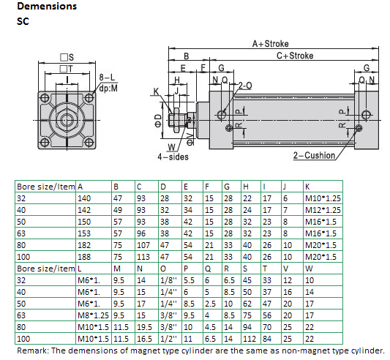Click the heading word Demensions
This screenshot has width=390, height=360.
[46, 7]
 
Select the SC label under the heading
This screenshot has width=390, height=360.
[23, 22]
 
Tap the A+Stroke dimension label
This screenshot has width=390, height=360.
[271, 44]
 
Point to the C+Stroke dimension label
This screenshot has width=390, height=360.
[294, 56]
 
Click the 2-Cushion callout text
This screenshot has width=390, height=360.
[314, 155]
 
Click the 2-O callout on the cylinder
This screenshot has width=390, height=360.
[245, 85]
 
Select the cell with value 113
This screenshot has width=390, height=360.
[143, 257]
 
